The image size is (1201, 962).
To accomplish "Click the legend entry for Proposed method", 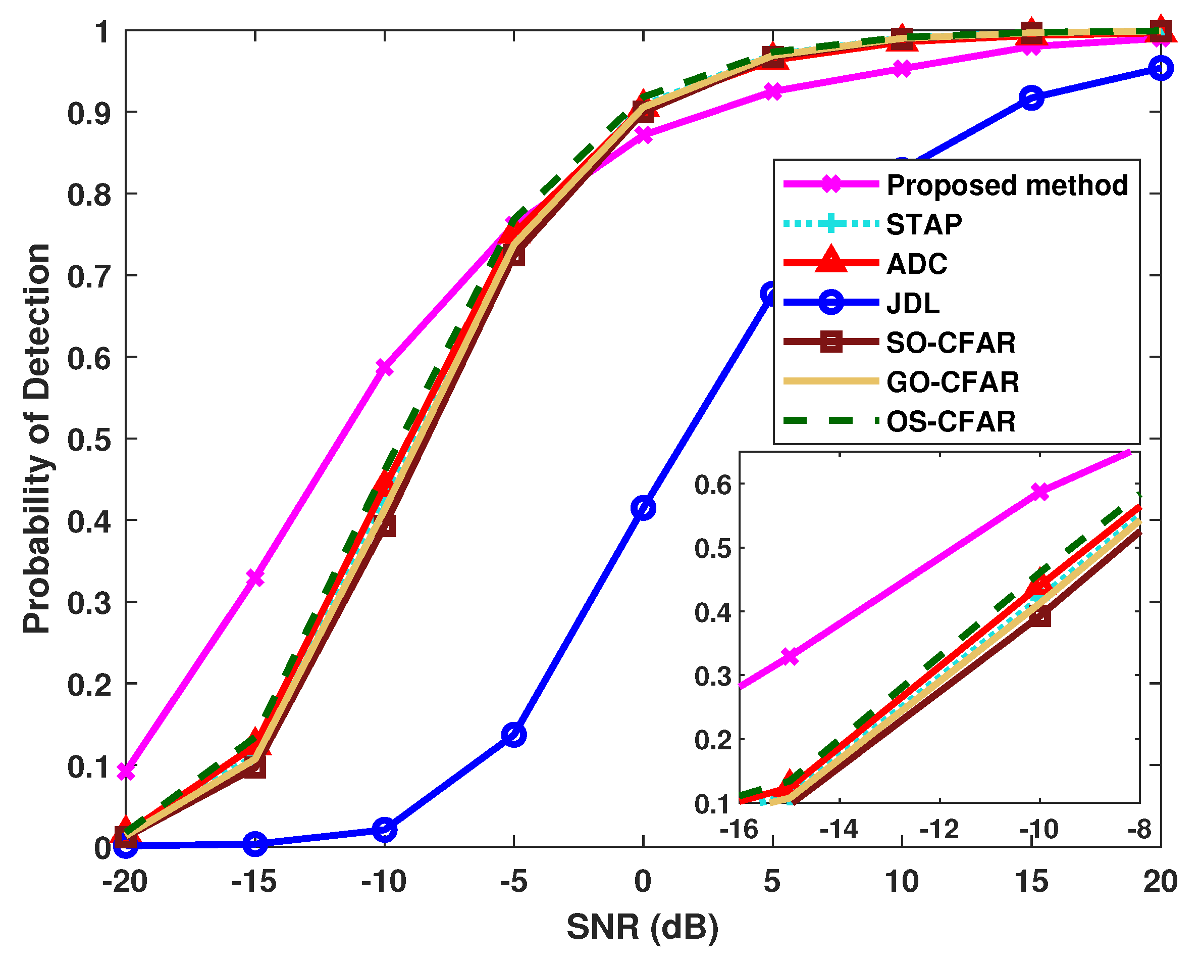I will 1007,185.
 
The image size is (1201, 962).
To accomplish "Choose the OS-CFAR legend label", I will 950,421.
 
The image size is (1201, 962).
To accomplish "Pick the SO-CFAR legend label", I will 950,343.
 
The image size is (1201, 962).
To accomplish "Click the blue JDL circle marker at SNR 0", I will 643,508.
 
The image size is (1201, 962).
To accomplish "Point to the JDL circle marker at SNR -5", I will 513,735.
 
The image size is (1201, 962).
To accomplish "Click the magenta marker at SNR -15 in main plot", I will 255,578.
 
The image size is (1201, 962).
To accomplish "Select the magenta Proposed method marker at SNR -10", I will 384,367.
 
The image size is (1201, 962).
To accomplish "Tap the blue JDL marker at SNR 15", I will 1031,98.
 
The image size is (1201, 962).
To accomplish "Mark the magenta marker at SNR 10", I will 902,69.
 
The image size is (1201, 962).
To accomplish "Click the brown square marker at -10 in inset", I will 1040,616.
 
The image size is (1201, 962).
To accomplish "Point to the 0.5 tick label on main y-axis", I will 88,440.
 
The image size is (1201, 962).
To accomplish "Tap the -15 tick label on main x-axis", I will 254,882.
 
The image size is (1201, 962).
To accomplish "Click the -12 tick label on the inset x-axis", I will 939,829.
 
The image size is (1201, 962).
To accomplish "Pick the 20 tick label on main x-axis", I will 1160,882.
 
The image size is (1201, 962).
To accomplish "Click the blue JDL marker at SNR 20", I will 1160,68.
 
